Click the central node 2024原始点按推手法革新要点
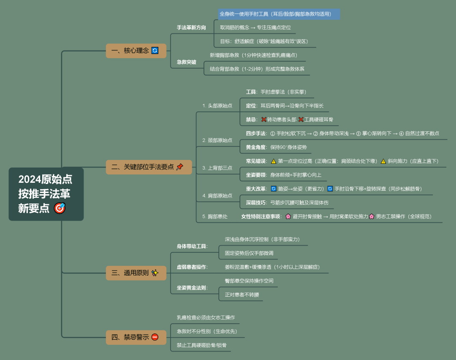pyautogui.click(x=46, y=194)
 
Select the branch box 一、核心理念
pyautogui.click(x=136, y=51)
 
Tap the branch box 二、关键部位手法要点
pyautogui.click(x=149, y=167)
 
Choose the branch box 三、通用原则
pyautogui.click(x=136, y=273)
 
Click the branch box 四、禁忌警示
pyautogui.click(x=136, y=337)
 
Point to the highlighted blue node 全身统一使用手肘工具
pyautogui.click(x=279, y=14)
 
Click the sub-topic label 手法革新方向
pyautogui.click(x=191, y=27)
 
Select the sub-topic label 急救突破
pyautogui.click(x=186, y=62)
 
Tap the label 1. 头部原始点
pyautogui.click(x=217, y=106)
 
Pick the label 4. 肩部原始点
pyautogui.click(x=217, y=195)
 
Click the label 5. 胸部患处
pyautogui.click(x=214, y=217)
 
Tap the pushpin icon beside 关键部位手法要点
pyautogui.click(x=179, y=167)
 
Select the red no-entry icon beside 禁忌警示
pyautogui.click(x=155, y=337)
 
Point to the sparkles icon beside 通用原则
pyautogui.click(x=155, y=273)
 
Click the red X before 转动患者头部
pyautogui.click(x=264, y=119)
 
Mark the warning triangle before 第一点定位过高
pyautogui.click(x=274, y=161)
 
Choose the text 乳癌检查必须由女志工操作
pyautogui.click(x=206, y=317)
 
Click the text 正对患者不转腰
pyautogui.click(x=242, y=294)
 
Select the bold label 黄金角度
pyautogui.click(x=256, y=147)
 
